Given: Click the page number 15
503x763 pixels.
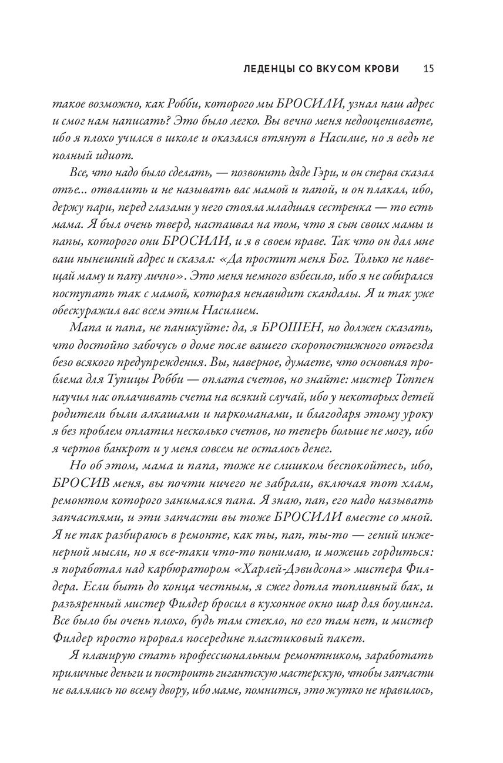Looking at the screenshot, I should click(x=428, y=69).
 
